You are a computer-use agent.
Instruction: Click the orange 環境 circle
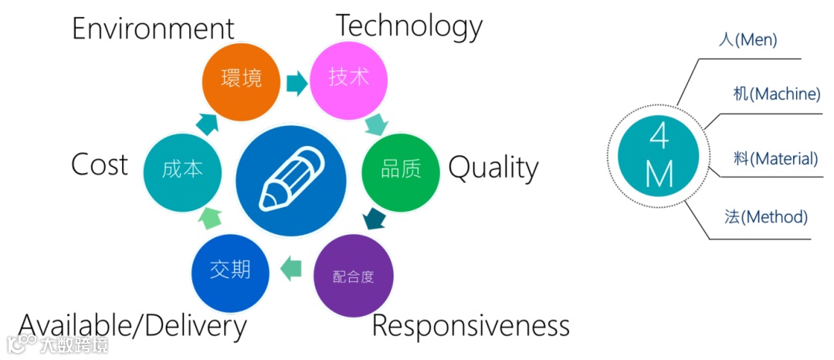(x=240, y=78)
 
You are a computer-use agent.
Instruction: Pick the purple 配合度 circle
(x=354, y=277)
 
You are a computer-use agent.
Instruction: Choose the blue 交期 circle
(x=230, y=270)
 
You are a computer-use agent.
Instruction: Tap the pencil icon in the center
(x=292, y=180)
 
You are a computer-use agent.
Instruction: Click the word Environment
(x=153, y=29)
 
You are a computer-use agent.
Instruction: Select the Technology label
(x=409, y=25)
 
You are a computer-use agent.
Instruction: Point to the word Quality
(x=493, y=168)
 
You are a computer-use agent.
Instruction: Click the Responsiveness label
(x=471, y=326)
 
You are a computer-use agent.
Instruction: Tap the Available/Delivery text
(x=132, y=326)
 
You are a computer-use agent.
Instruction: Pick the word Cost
(x=100, y=165)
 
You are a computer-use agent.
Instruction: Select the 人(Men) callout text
(x=748, y=40)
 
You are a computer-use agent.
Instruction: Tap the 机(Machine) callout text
(x=776, y=94)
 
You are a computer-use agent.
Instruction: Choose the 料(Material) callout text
(x=775, y=159)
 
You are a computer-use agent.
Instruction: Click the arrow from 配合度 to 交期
(x=290, y=270)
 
